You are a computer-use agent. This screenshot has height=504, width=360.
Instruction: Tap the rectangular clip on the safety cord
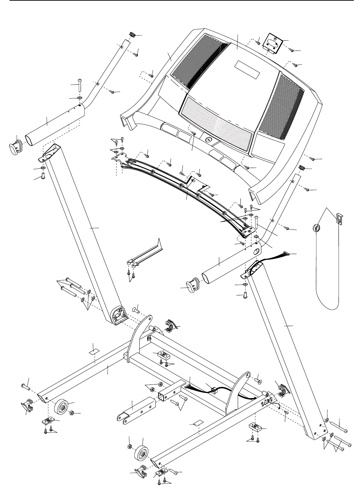click(338, 218)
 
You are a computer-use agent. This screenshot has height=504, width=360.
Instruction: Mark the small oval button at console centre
click(208, 140)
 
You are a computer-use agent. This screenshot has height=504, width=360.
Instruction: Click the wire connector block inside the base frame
click(215, 391)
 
